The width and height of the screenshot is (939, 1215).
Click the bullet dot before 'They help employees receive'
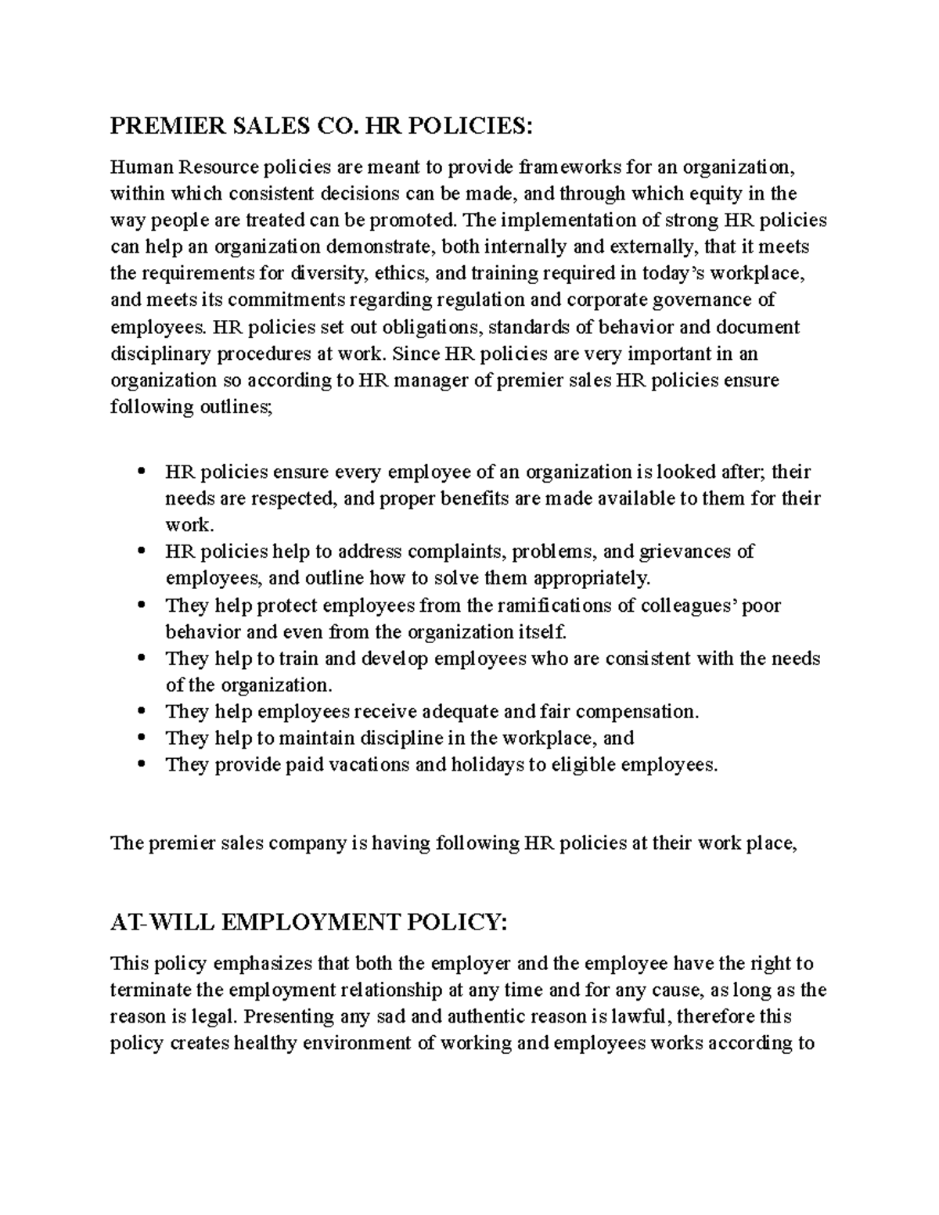click(x=142, y=712)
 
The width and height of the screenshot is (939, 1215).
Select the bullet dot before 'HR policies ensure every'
click(x=142, y=472)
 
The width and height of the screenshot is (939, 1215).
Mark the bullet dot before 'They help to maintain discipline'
click(x=142, y=739)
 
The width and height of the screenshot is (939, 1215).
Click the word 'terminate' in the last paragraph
click(x=149, y=990)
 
